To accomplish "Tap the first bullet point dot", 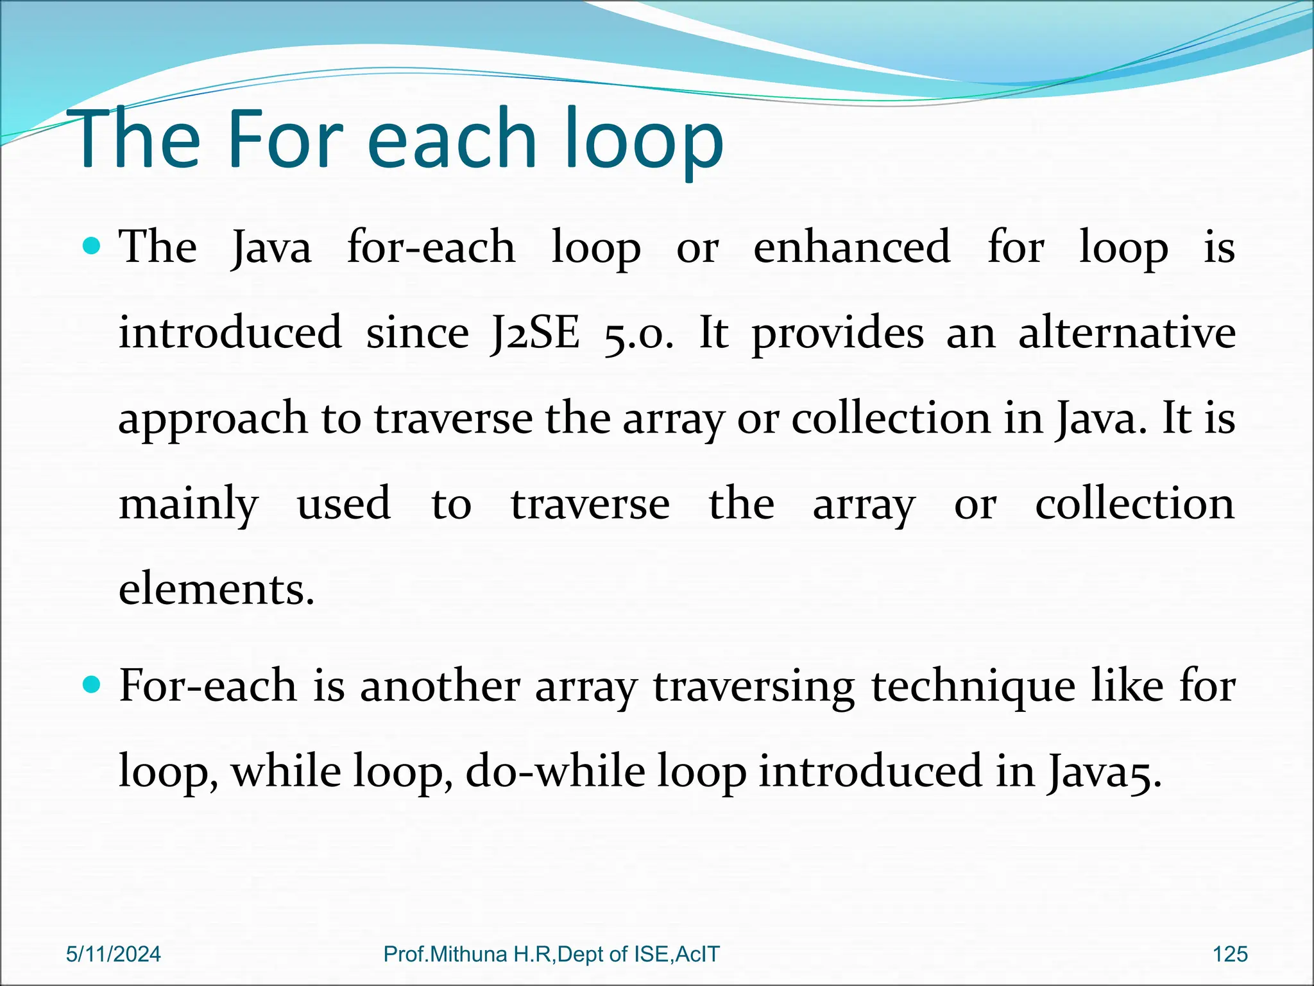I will [92, 246].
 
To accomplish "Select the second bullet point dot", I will [92, 685].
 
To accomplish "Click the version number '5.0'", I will [638, 334].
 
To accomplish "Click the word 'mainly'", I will [189, 505].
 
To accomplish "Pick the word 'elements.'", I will [216, 589].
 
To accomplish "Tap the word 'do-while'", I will [555, 771].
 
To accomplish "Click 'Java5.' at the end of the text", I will [1104, 772].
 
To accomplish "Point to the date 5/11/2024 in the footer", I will [114, 955].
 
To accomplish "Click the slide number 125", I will [1230, 955].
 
